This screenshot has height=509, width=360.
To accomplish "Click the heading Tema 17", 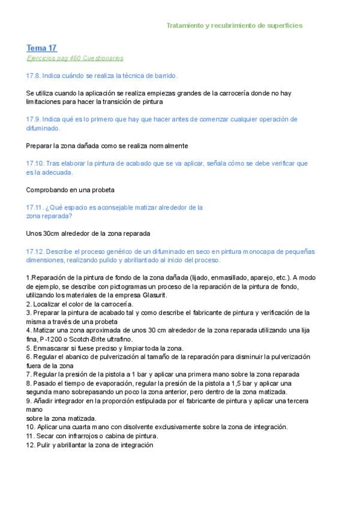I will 41,47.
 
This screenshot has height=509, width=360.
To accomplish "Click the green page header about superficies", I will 234,26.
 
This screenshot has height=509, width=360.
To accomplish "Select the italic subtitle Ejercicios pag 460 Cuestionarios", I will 75,58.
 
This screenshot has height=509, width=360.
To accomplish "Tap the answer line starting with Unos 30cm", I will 88,233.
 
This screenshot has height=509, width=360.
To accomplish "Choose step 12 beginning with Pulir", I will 89,445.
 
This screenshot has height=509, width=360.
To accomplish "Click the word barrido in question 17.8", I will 164,76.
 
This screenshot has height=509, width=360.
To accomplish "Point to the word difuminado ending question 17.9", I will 43,128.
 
